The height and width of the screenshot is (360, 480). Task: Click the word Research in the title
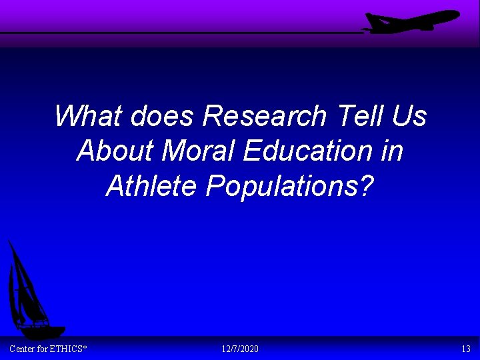tap(264, 116)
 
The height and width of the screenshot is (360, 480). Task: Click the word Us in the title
tap(409, 116)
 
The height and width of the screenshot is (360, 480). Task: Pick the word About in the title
tap(115, 151)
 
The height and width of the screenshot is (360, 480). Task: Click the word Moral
tap(199, 151)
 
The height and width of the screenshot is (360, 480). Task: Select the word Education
tap(307, 151)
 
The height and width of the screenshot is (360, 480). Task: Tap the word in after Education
tap(392, 151)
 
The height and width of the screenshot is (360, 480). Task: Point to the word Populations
tap(281, 186)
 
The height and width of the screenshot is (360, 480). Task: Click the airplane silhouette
tap(413, 21)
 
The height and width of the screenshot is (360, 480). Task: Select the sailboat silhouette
tap(30, 293)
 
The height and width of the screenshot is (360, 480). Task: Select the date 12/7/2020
tap(240, 349)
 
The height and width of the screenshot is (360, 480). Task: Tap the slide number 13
tap(465, 349)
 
